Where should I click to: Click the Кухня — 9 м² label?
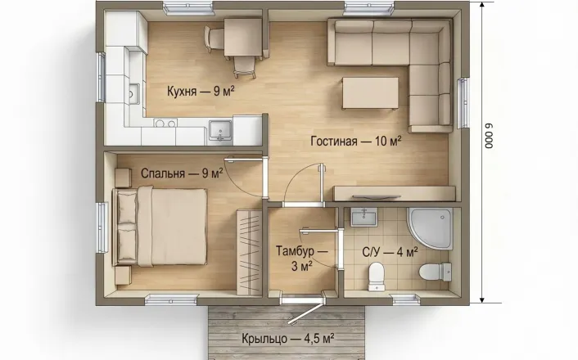(x=201, y=91)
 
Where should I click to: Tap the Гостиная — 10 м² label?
(x=355, y=141)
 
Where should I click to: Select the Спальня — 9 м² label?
(x=182, y=173)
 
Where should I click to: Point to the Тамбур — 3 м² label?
(x=302, y=259)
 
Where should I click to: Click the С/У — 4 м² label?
(x=390, y=252)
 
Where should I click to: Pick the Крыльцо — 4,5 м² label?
(x=288, y=338)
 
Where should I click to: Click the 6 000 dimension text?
(x=489, y=136)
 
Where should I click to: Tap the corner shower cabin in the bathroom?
(x=430, y=228)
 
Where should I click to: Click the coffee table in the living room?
(x=370, y=93)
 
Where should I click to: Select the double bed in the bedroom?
(x=160, y=226)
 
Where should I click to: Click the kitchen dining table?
(x=243, y=37)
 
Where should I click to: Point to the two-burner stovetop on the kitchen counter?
(x=165, y=123)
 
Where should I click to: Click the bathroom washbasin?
(x=364, y=217)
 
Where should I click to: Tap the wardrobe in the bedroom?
(x=249, y=252)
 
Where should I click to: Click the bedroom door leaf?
(x=246, y=160)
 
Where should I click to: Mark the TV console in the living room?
(x=394, y=193)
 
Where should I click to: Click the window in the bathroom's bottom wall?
(x=406, y=299)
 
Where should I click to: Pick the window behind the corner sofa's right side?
(x=463, y=103)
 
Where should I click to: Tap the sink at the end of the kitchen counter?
(x=220, y=131)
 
